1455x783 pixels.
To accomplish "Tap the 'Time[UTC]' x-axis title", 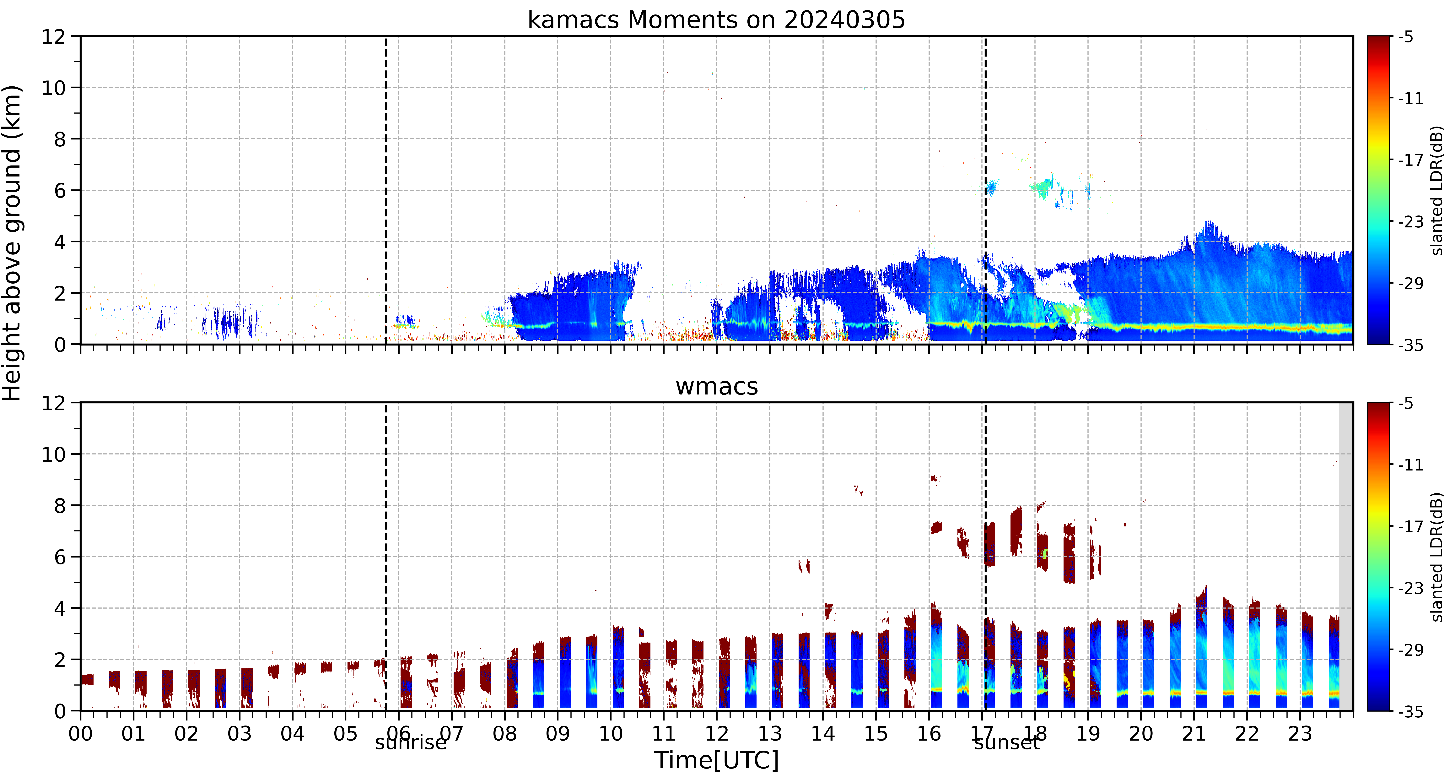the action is pyautogui.click(x=716, y=760).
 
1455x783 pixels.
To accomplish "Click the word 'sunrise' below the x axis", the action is pyautogui.click(x=411, y=742).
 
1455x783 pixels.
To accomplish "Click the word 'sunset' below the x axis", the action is pyautogui.click(x=1006, y=742).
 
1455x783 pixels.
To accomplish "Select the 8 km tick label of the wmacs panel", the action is pyautogui.click(x=60, y=506).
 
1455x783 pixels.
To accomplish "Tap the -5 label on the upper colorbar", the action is pyautogui.click(x=1406, y=37).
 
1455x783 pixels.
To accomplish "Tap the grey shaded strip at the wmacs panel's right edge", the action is pyautogui.click(x=1346, y=557).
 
